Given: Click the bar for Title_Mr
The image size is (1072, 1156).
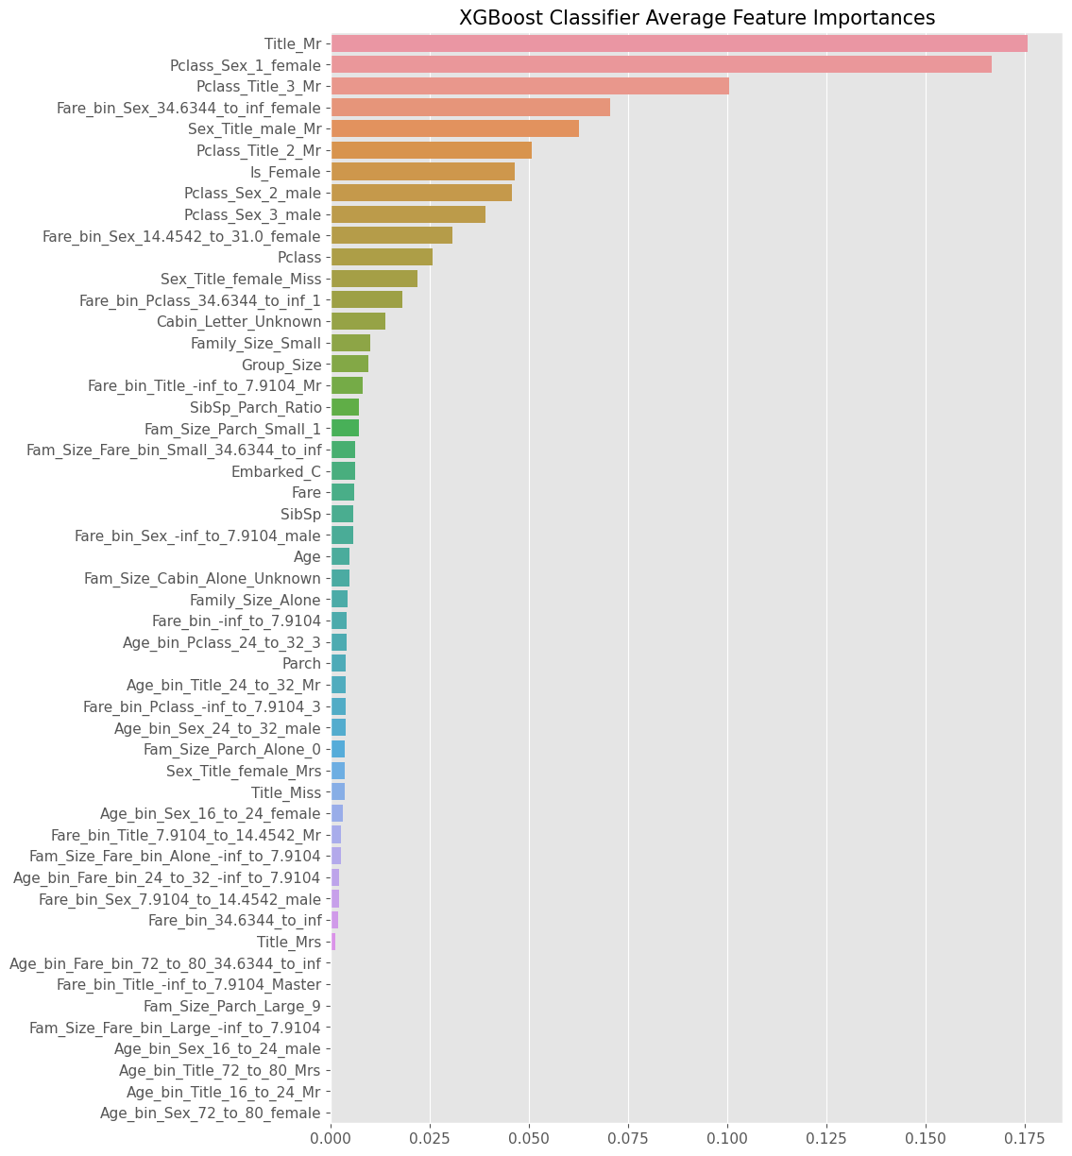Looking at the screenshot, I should [679, 43].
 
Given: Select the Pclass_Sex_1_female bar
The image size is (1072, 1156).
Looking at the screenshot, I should [661, 64].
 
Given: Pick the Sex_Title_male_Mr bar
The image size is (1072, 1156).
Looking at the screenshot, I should [455, 128].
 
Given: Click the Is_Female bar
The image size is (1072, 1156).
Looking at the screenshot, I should [423, 171].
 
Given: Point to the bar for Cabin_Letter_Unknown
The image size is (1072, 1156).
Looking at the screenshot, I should [358, 321].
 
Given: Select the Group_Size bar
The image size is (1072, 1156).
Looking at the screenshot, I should [349, 364].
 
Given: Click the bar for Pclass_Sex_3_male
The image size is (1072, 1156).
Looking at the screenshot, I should [408, 214].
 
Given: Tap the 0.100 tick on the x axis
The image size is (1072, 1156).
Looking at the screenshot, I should [727, 1131].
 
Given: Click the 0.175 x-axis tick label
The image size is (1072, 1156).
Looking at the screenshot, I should [1025, 1131].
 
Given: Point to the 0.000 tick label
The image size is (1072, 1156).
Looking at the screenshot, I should [332, 1131].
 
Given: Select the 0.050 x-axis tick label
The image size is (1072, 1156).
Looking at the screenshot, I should [530, 1131].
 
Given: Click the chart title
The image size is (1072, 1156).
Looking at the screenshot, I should [697, 18].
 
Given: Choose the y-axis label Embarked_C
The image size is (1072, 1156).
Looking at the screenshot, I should [276, 471].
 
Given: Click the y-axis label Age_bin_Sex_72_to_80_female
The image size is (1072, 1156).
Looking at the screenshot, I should [211, 1113].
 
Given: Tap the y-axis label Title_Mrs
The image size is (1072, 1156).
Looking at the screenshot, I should [289, 942].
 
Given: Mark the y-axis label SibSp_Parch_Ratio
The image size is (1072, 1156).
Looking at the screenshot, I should [255, 407].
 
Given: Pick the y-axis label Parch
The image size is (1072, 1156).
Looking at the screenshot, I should [301, 664].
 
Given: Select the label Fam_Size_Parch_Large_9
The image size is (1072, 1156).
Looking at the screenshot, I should [231, 1006].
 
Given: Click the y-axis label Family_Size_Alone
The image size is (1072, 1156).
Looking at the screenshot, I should [255, 600].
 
